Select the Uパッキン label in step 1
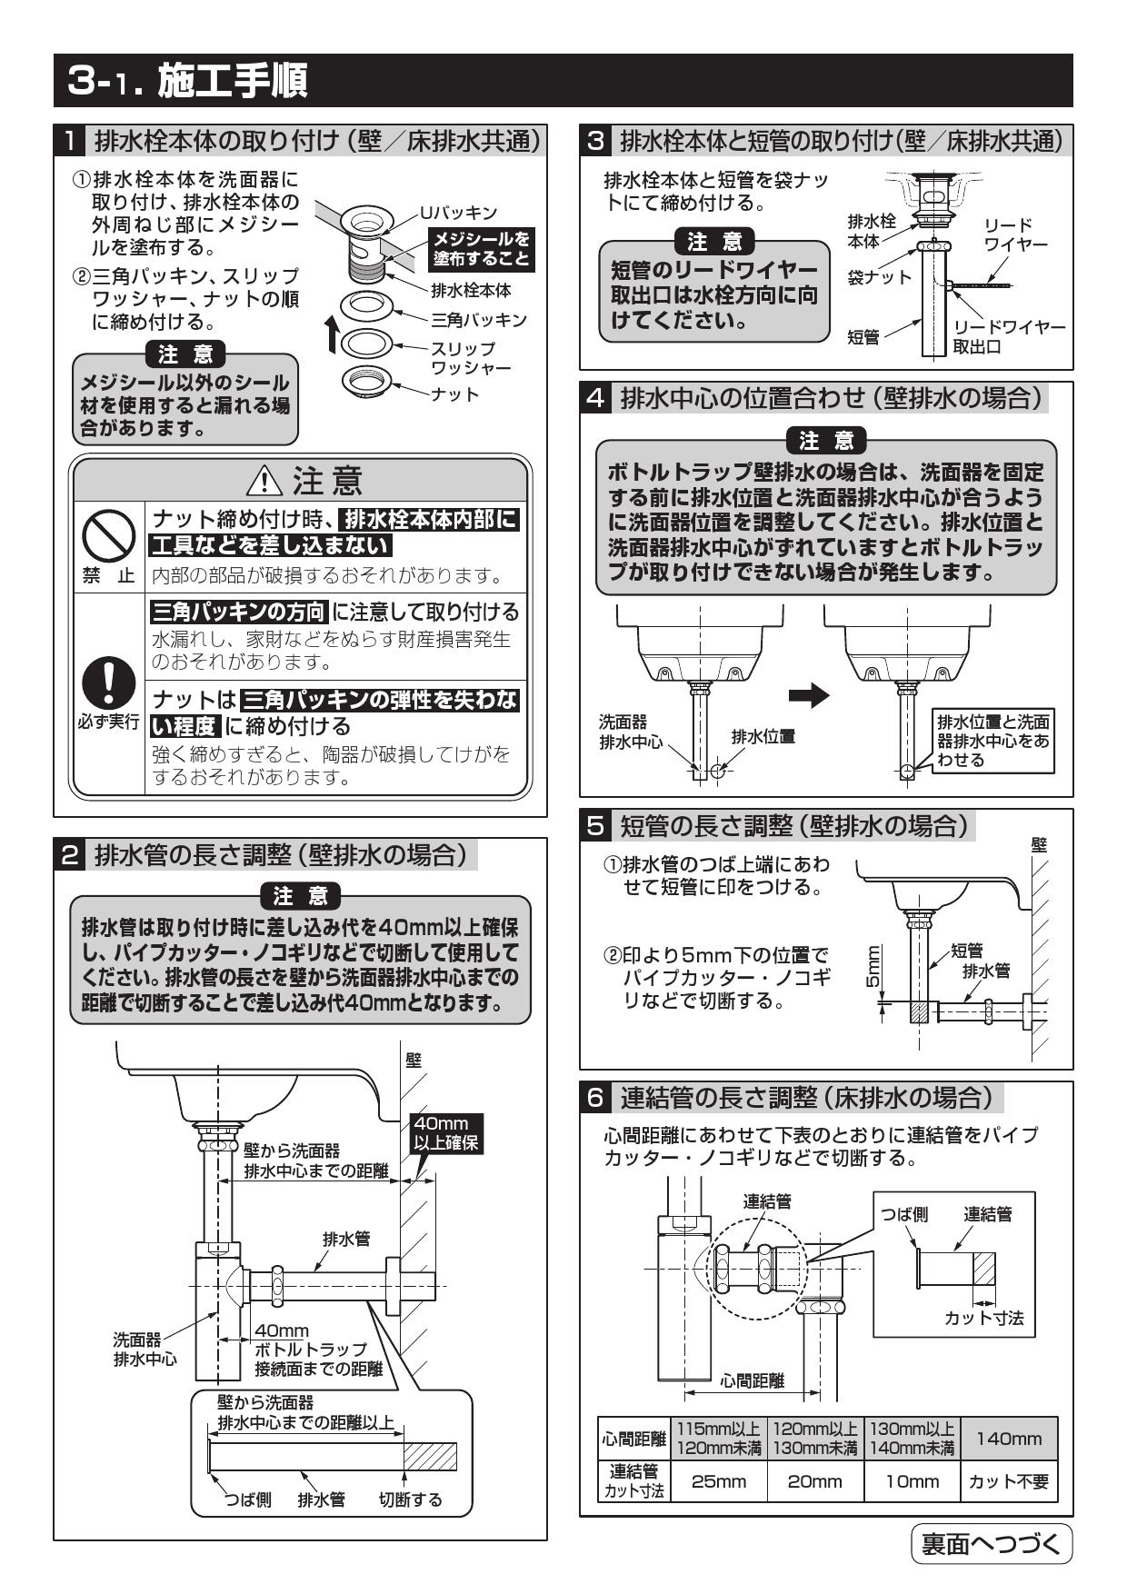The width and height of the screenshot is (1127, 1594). [458, 213]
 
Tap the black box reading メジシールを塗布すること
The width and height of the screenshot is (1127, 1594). [481, 248]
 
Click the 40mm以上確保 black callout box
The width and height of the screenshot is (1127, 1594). [445, 1133]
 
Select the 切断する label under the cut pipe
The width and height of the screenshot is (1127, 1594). [410, 1499]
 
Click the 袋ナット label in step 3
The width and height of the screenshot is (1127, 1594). [879, 277]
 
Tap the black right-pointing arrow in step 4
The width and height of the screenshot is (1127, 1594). [808, 696]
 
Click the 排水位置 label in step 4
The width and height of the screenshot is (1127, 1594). [763, 737]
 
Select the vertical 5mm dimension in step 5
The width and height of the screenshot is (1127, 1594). [872, 968]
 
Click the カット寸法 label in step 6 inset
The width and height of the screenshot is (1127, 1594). [983, 1319]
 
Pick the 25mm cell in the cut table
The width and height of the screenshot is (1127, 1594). [718, 1481]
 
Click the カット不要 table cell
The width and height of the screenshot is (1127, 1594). [1008, 1481]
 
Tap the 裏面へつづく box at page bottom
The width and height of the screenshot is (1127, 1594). [991, 1544]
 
